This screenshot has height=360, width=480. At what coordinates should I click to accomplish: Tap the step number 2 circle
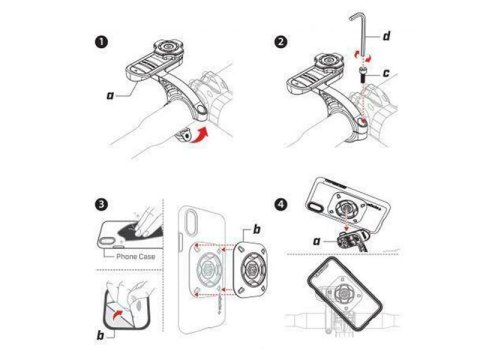pos(281,44)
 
